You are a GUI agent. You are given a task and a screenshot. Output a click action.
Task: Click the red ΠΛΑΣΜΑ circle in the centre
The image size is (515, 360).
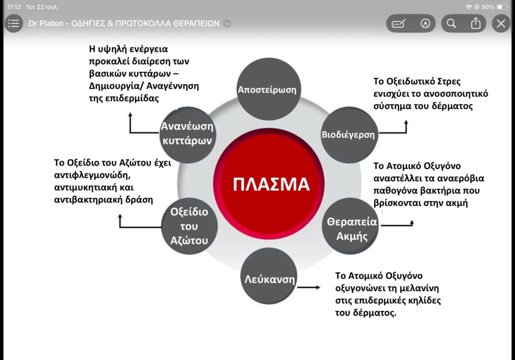[x=269, y=184]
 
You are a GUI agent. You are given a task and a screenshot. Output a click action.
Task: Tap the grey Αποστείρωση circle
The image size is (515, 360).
[x=269, y=89]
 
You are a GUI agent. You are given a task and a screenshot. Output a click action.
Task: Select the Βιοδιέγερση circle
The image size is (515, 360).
[x=349, y=135]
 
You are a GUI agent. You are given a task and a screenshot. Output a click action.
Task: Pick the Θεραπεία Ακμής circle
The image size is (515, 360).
[x=350, y=226]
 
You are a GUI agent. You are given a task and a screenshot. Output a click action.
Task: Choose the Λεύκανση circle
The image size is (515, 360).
[x=269, y=276]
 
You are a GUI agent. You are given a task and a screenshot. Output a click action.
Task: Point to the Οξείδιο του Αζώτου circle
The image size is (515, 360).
[x=189, y=226]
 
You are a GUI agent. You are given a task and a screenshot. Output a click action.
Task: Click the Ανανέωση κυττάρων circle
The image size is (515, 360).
[x=188, y=135]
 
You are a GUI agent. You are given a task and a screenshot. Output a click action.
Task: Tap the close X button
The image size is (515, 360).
[x=501, y=23]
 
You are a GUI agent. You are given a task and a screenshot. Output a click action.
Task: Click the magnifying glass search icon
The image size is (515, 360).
[x=451, y=23]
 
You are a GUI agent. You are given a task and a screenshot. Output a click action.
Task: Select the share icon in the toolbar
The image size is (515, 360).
[x=475, y=23]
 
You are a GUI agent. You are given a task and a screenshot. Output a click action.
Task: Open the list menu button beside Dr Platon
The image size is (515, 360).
[x=13, y=23]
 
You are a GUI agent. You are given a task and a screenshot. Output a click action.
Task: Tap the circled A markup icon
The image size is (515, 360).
[x=425, y=23]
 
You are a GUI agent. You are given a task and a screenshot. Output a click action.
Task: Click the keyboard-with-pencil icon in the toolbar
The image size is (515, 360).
[x=399, y=23]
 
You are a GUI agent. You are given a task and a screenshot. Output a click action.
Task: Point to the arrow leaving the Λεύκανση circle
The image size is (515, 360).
[x=309, y=288]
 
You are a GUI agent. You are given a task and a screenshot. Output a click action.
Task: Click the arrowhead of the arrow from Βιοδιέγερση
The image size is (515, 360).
[x=406, y=122]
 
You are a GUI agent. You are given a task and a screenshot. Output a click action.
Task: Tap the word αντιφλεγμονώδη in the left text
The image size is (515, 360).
[x=92, y=175]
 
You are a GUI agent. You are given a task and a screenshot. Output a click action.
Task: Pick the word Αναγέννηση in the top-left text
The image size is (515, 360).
[x=172, y=86]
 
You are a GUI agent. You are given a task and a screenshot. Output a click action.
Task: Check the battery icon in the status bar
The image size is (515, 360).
[x=502, y=7]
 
